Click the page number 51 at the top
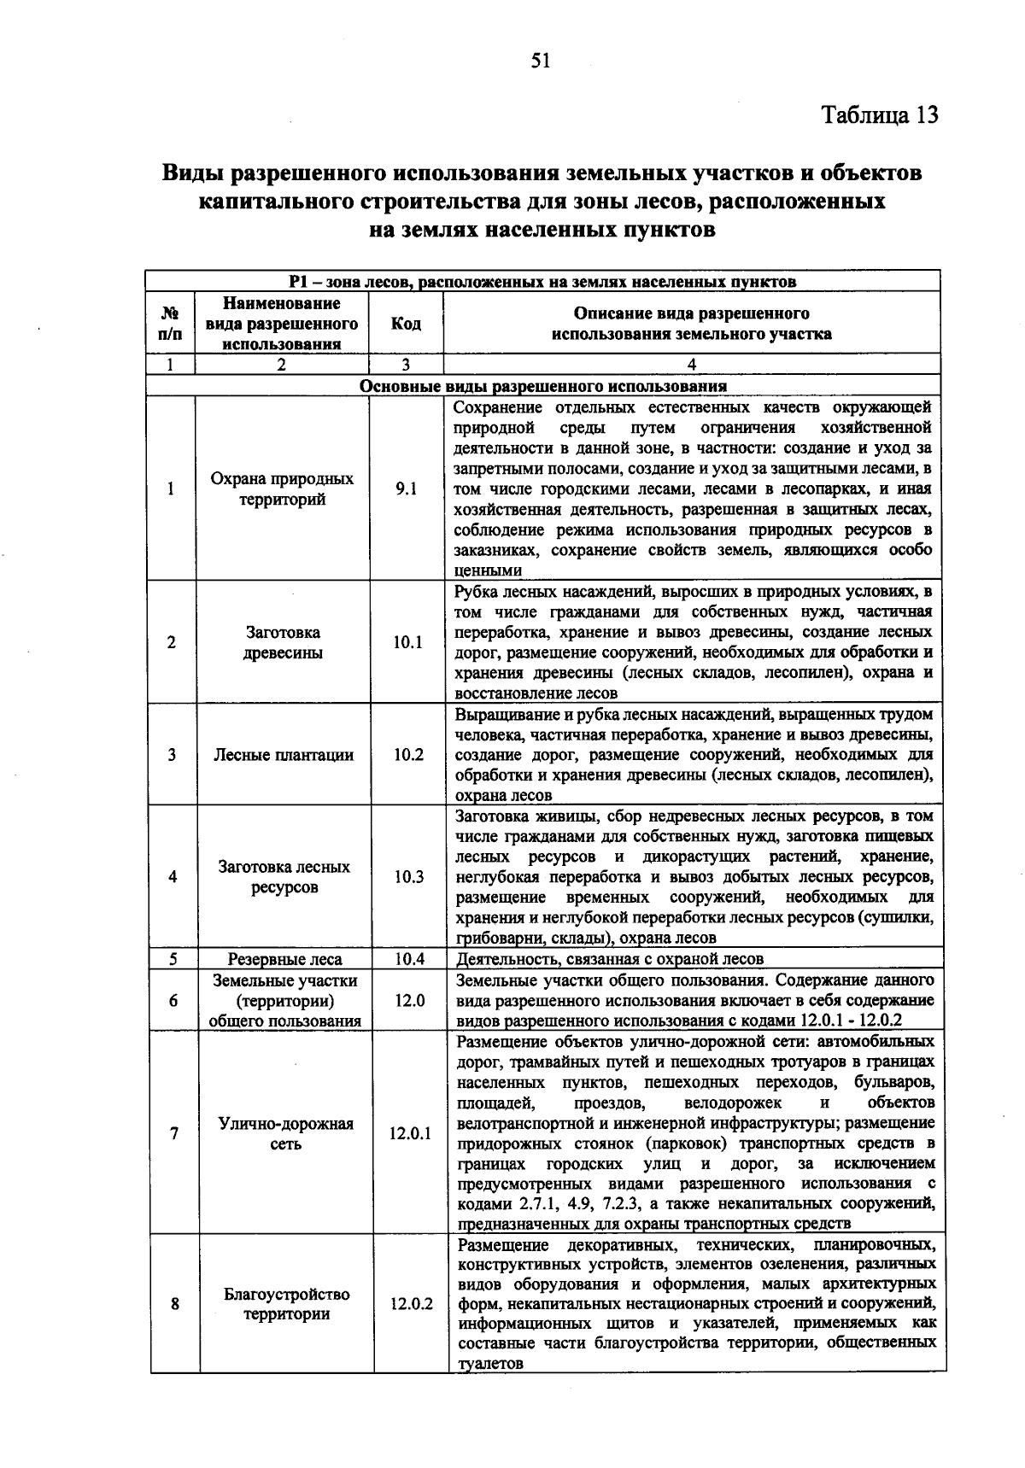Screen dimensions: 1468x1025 pos(542,60)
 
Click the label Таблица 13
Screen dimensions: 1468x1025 pos(880,114)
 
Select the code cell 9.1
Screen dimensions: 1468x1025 pos(407,489)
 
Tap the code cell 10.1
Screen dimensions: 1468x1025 pos(407,642)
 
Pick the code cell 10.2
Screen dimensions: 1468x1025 pos(408,755)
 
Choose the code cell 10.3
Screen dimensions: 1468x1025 pos(409,877)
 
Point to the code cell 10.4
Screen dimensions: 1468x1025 pos(409,959)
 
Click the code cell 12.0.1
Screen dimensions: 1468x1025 pos(410,1133)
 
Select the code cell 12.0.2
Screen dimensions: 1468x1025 pos(411,1304)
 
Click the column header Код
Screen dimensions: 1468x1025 pos(406,324)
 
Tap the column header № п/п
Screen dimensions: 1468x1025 pos(170,324)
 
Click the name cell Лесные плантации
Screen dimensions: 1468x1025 pos(284,755)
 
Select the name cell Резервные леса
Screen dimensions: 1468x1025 pos(284,959)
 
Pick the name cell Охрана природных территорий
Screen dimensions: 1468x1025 pos(282,489)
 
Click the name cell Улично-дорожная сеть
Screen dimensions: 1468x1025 pos(286,1133)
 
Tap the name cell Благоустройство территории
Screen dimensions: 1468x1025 pos(287,1304)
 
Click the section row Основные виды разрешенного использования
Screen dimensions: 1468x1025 pos(543,385)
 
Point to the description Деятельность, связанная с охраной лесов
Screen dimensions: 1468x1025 pos(610,959)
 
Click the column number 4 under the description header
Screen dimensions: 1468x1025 pos(691,365)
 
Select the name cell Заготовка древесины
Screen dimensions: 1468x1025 pos(283,642)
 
